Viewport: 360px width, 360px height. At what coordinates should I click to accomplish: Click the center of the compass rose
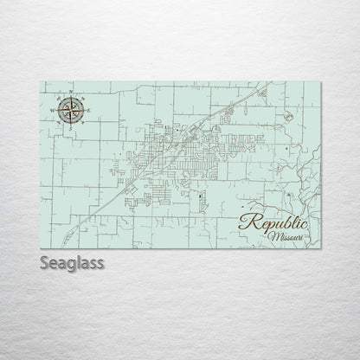tap(71, 110)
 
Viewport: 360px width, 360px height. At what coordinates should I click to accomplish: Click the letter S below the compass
tap(71, 125)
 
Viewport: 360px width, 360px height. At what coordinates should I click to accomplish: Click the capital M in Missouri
tap(271, 235)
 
